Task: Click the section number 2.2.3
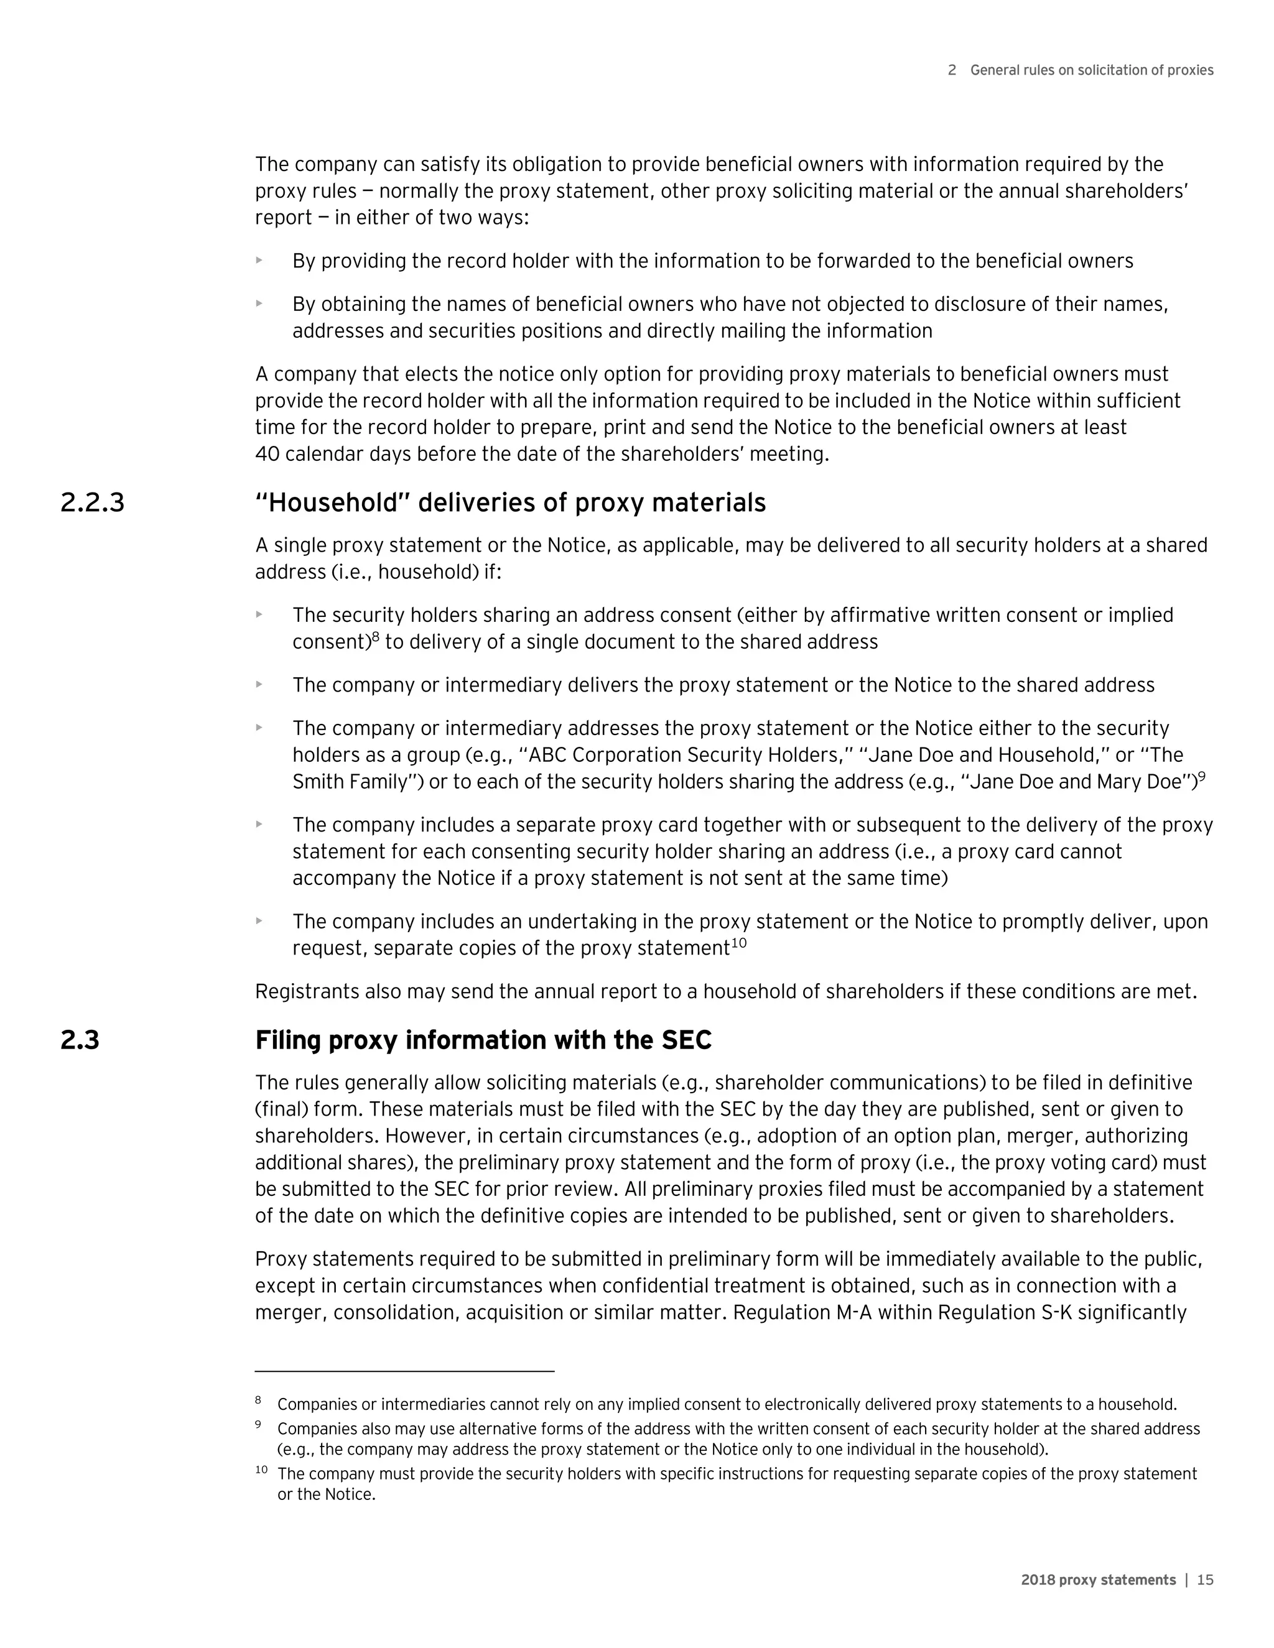(x=92, y=503)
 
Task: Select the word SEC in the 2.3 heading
(x=686, y=1040)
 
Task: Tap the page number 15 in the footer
(x=1206, y=1580)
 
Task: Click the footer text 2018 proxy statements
(x=1098, y=1580)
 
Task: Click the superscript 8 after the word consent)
(x=375, y=637)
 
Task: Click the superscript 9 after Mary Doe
(x=1202, y=777)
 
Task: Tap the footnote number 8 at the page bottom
(x=258, y=1400)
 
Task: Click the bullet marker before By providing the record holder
(x=259, y=261)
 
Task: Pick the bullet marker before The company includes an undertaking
(x=259, y=920)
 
